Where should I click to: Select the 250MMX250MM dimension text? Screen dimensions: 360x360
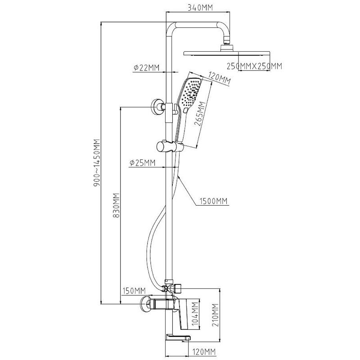point(254,66)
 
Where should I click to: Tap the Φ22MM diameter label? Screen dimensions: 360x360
point(146,67)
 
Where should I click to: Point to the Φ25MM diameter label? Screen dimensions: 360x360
point(142,162)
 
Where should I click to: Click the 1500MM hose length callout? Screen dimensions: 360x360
point(213,201)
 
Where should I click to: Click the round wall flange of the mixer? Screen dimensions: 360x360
point(145,304)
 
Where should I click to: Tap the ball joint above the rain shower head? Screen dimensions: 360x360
point(227,45)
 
